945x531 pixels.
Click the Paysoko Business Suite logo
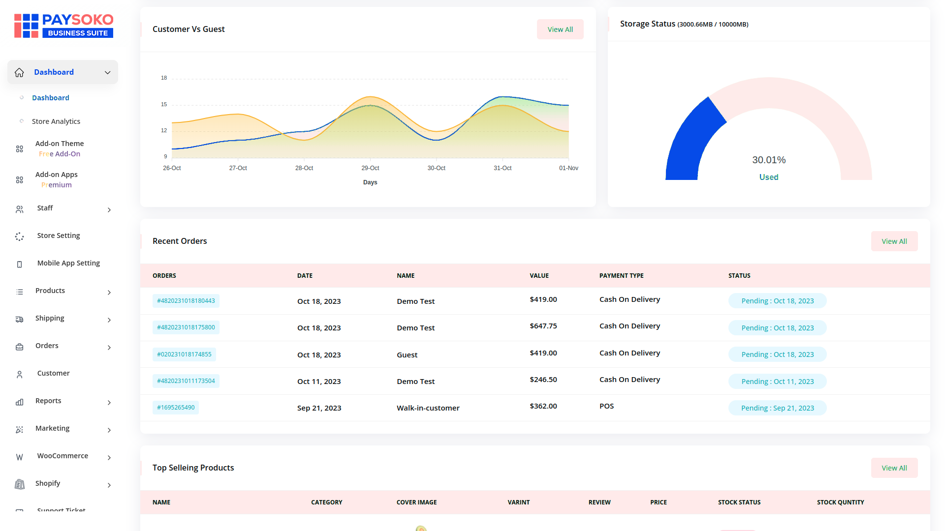[x=64, y=26]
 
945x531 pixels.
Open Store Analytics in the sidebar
[x=56, y=121]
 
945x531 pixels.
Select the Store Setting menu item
[x=58, y=236]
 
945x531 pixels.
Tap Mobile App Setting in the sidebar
[x=68, y=263]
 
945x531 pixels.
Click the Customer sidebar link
[x=53, y=373]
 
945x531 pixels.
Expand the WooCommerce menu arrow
[x=109, y=458]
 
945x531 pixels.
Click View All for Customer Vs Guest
[x=560, y=29]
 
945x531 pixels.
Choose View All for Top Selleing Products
[x=894, y=468]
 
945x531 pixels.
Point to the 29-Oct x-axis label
[x=370, y=168]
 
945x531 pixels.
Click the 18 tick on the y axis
[x=164, y=78]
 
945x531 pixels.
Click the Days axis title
[x=370, y=182]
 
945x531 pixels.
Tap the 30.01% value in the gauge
[x=769, y=160]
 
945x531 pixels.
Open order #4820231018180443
[x=186, y=301]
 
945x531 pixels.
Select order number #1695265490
[x=176, y=408]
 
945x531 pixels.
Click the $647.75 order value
[x=543, y=326]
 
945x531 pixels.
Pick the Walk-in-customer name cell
[x=428, y=408]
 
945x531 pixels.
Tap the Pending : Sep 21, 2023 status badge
[x=777, y=408]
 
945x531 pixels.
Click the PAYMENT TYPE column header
[x=621, y=276]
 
